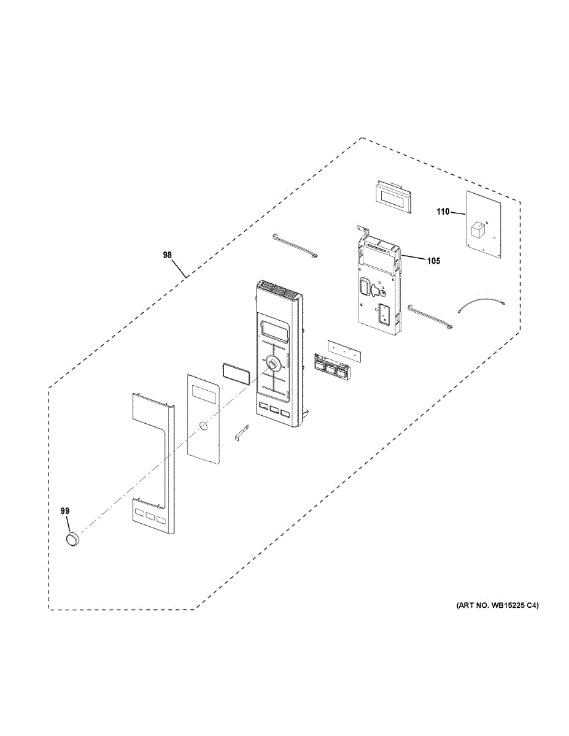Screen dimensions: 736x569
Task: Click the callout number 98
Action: point(168,255)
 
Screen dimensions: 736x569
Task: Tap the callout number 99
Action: point(65,510)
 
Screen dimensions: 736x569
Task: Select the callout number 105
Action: point(433,261)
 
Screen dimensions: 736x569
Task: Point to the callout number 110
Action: point(443,212)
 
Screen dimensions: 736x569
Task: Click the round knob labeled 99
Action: point(73,539)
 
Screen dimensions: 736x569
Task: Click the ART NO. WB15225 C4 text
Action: point(497,606)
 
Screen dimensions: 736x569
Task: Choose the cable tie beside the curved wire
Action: point(432,318)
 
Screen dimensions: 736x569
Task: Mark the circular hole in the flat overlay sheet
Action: point(203,427)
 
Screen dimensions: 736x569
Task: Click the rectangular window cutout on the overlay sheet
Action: point(203,393)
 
